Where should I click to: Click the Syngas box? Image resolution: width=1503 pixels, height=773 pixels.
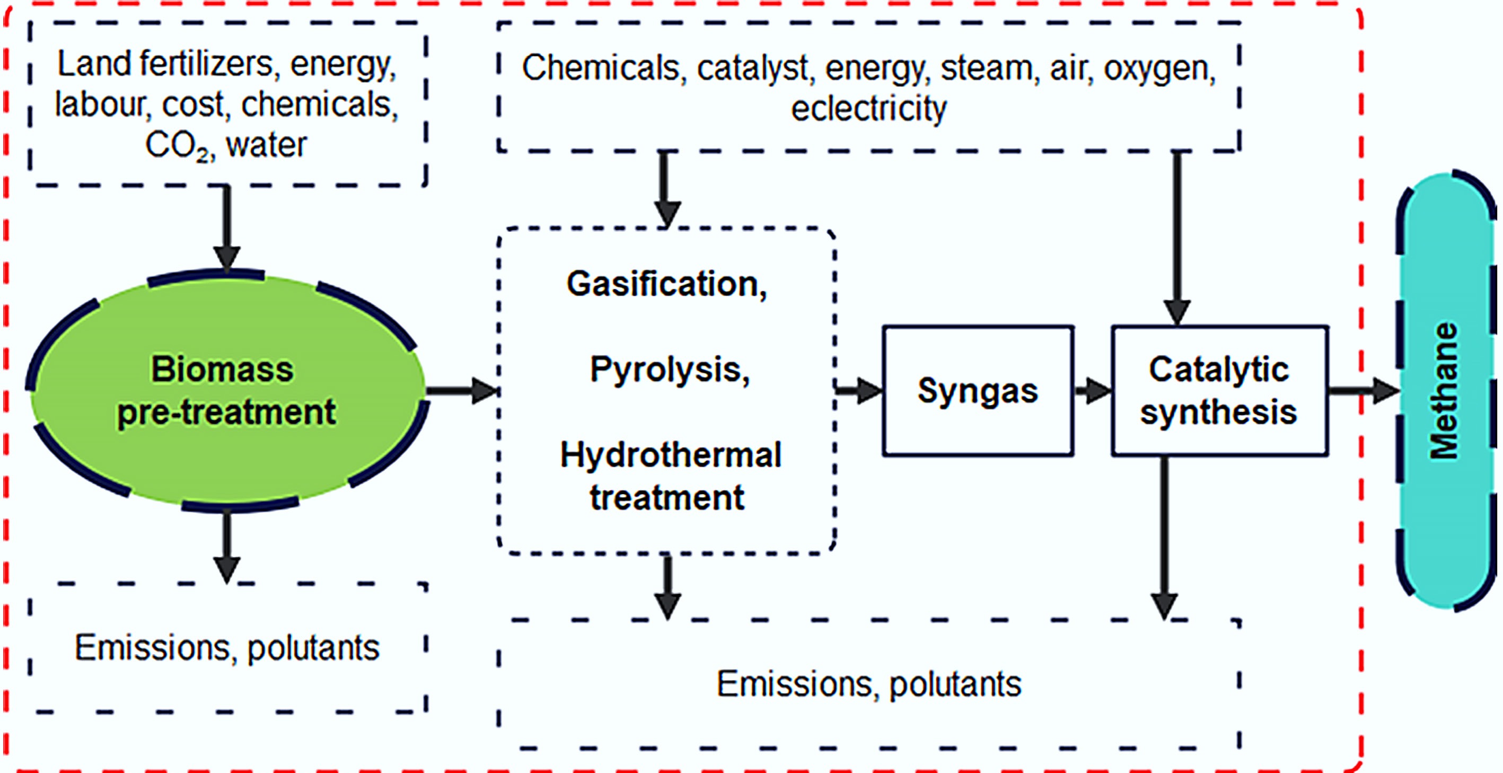coord(978,390)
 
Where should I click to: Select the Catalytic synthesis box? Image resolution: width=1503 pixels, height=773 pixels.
coord(1219,390)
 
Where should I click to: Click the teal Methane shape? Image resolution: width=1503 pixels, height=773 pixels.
coord(1446,390)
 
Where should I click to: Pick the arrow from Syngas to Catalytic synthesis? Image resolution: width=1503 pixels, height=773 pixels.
coord(1092,390)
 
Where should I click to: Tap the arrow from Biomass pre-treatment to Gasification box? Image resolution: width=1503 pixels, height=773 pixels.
coord(461,390)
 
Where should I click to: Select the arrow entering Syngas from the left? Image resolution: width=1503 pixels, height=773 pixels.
coord(858,390)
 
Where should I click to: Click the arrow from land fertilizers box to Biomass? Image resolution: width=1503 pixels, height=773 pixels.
coord(226,227)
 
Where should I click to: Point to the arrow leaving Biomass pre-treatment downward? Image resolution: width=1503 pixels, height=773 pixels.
coord(226,546)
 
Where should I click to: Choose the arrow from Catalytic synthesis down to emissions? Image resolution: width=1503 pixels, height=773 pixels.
coord(1164,537)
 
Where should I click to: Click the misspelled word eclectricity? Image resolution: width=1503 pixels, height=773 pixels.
coord(868,109)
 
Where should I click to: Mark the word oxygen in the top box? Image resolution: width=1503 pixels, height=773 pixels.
coord(1159,68)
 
